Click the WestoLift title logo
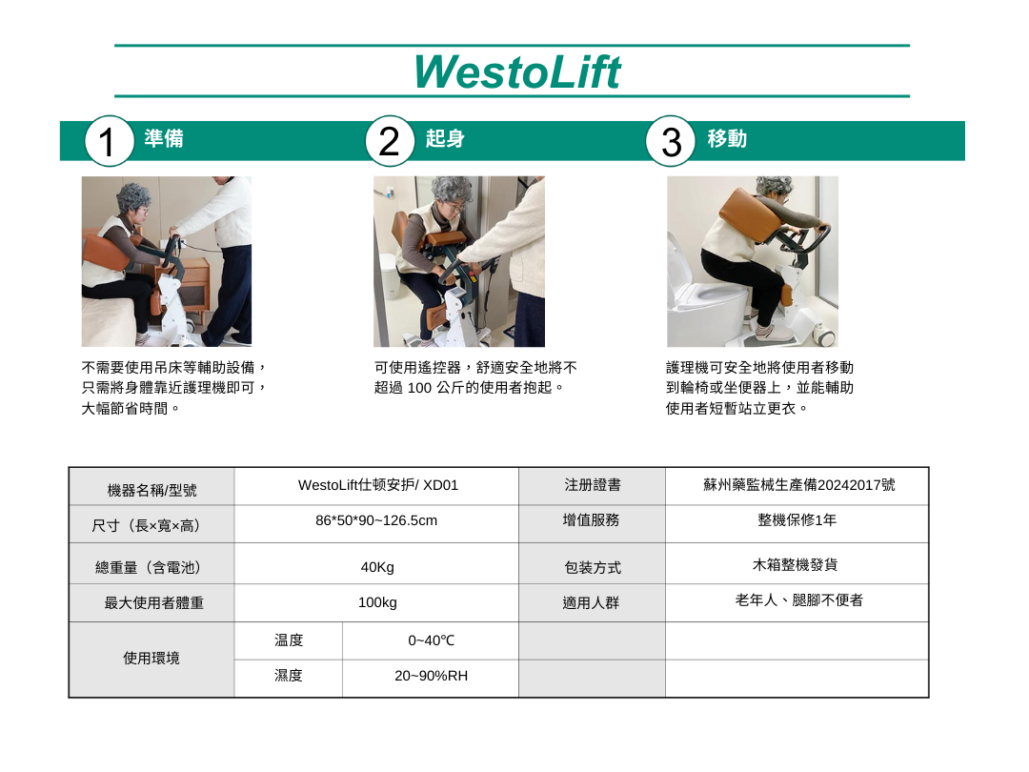tap(517, 71)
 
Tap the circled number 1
tap(109, 140)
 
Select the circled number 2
tap(389, 140)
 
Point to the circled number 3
tap(670, 140)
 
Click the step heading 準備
tap(164, 138)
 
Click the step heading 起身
tap(445, 138)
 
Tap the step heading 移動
tap(727, 138)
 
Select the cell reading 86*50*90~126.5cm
tap(376, 520)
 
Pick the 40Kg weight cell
tap(377, 567)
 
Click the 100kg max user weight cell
tap(377, 602)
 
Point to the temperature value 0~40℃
tap(432, 640)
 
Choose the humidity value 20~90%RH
tap(432, 676)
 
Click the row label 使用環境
tap(151, 659)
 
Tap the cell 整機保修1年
tap(797, 520)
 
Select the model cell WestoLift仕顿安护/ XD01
tap(378, 485)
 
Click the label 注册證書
tap(592, 485)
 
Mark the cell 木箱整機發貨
tap(795, 564)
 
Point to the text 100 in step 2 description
tap(419, 388)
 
